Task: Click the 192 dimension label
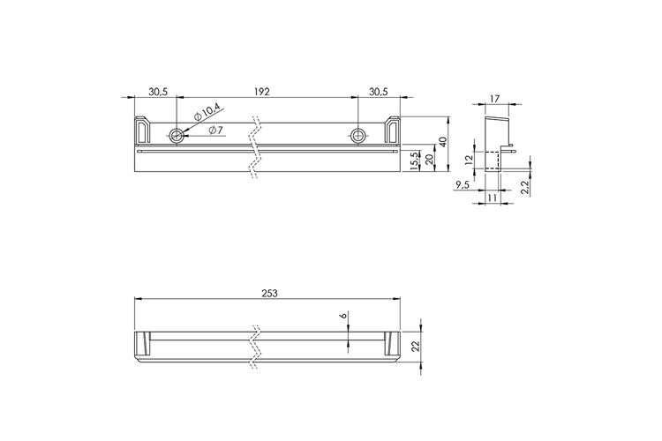[262, 92]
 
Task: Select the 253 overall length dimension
[269, 294]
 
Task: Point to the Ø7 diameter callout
[214, 131]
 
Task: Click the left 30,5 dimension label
[158, 92]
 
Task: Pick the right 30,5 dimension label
[378, 92]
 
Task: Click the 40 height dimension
[441, 142]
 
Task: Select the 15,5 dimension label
[415, 161]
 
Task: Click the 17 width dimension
[494, 99]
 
